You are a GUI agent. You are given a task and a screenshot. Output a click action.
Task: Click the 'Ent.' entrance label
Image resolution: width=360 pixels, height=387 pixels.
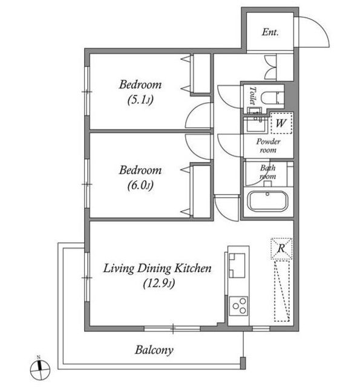pyautogui.click(x=270, y=32)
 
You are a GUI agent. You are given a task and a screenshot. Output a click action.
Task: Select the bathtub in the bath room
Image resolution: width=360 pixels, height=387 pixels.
pyautogui.click(x=267, y=201)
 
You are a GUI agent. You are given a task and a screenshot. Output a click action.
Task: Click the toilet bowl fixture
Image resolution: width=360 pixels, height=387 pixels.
pyautogui.click(x=271, y=98)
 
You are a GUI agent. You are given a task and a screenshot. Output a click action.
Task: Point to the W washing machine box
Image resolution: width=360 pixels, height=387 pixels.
pyautogui.click(x=281, y=123)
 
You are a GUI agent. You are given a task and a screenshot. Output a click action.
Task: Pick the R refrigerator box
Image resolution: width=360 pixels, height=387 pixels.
pyautogui.click(x=281, y=249)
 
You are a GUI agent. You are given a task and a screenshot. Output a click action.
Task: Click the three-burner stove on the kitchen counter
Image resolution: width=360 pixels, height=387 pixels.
pyautogui.click(x=238, y=306)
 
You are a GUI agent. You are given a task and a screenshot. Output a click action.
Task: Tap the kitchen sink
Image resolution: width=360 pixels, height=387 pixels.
pyautogui.click(x=237, y=265)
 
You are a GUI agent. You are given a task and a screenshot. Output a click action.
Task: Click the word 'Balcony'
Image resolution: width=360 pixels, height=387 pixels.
pyautogui.click(x=154, y=350)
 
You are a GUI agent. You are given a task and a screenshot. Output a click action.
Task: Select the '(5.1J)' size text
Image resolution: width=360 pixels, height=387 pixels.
pyautogui.click(x=140, y=100)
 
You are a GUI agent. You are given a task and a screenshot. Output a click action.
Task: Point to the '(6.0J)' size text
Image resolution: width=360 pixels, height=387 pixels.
pyautogui.click(x=140, y=185)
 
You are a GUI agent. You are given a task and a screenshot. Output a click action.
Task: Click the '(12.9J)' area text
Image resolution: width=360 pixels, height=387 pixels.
pyautogui.click(x=159, y=283)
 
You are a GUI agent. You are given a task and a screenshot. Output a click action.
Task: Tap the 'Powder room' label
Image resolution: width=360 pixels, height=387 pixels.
pyautogui.click(x=268, y=146)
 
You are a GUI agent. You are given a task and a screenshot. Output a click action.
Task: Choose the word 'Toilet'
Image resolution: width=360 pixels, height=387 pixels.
pyautogui.click(x=252, y=96)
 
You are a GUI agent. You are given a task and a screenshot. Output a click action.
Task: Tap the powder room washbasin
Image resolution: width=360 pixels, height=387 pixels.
pyautogui.click(x=255, y=124)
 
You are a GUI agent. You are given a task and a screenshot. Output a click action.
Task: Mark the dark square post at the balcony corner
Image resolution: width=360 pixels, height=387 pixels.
pyautogui.click(x=243, y=363)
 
